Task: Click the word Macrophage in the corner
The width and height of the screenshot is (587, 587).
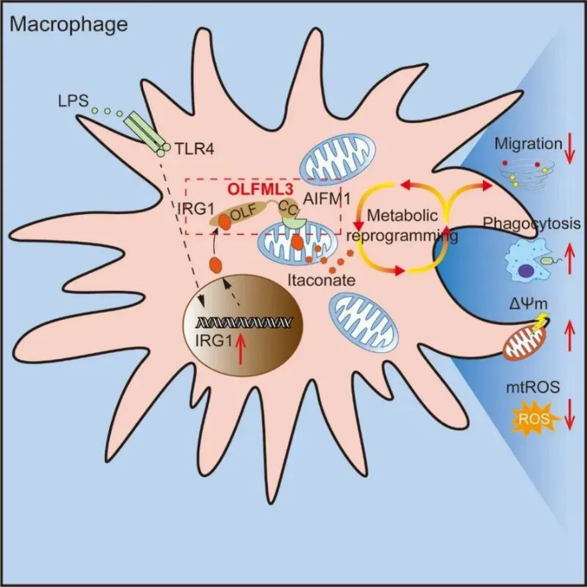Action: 69,24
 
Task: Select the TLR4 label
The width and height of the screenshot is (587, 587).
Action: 192,150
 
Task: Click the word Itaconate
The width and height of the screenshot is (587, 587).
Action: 323,280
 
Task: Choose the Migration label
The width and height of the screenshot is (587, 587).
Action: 527,144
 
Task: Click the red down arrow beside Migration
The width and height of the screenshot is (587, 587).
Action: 570,150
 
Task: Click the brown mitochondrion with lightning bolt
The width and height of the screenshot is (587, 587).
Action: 527,339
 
